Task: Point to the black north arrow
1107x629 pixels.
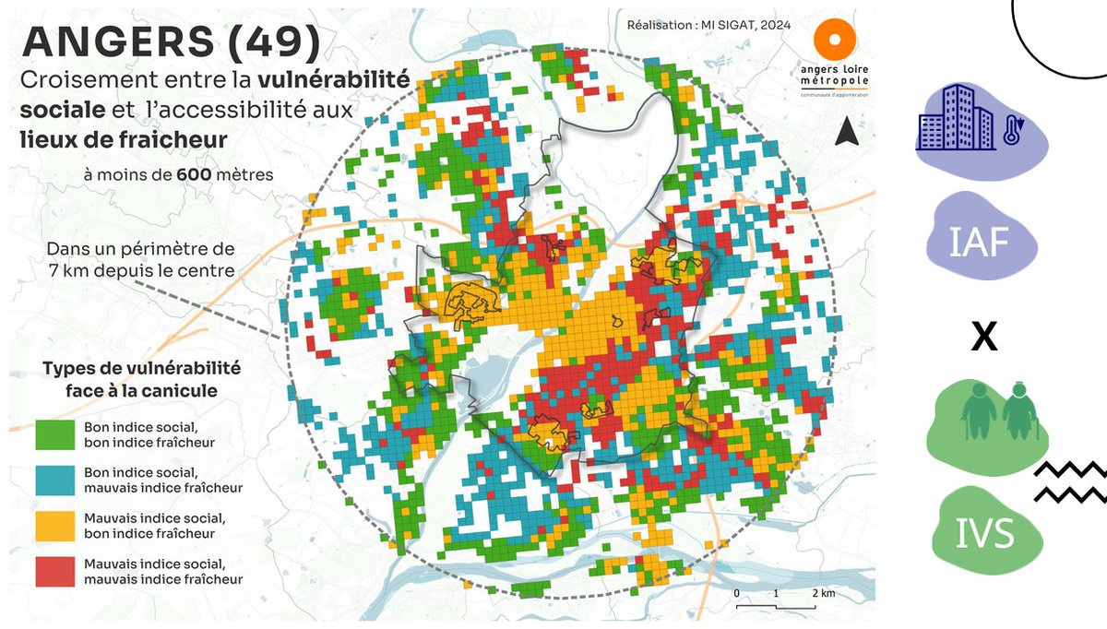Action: tap(844, 133)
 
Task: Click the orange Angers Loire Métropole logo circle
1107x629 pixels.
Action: tap(836, 42)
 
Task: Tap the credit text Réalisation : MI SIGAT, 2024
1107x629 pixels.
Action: tap(708, 26)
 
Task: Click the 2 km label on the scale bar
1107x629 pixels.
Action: tap(823, 593)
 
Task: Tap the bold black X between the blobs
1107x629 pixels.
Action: tap(984, 338)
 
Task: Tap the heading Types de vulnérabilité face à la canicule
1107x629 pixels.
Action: tap(141, 379)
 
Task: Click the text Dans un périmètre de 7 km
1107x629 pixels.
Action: tap(140, 261)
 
